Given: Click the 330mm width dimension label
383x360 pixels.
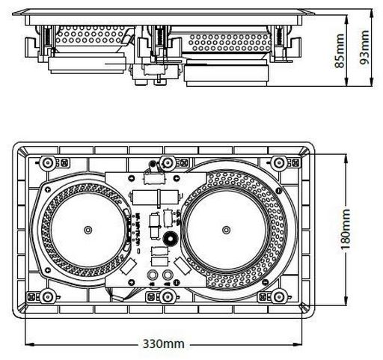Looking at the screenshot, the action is [164, 344].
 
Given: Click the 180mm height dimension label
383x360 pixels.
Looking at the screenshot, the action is [346, 229].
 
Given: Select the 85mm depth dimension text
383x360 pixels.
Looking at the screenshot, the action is [340, 51].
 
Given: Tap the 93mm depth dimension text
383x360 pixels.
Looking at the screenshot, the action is [364, 47].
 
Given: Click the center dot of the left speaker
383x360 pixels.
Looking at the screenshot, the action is [88, 230].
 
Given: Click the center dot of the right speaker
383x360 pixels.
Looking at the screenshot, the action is [226, 230].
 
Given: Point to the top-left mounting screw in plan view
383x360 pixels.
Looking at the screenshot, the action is [47, 162].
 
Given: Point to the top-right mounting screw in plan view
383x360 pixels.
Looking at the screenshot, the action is [279, 162].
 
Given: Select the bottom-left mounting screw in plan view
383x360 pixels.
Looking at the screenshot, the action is [47, 297].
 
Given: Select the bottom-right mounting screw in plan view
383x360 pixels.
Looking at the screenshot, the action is [279, 297].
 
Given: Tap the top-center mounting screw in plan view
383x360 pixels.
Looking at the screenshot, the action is [167, 162].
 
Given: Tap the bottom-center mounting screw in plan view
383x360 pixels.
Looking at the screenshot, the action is [167, 297].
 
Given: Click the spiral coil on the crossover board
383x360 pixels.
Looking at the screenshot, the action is [170, 239].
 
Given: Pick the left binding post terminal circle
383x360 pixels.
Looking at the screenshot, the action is [153, 275].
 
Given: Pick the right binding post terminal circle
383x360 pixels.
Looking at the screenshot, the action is [168, 275].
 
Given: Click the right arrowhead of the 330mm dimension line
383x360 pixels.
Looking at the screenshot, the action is [298, 344].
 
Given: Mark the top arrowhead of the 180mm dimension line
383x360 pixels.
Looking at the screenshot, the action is [346, 159].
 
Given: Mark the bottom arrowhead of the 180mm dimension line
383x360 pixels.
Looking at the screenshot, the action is [346, 301].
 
